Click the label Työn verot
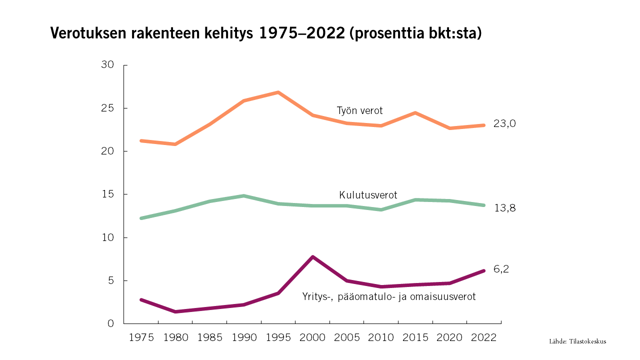tap(359, 111)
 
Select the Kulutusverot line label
tap(368, 195)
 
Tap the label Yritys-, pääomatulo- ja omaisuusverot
tap(388, 296)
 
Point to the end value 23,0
tap(504, 124)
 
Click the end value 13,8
tap(504, 208)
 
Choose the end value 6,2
tap(501, 269)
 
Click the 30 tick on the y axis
tap(108, 65)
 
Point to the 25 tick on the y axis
tap(108, 108)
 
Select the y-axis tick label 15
tap(108, 194)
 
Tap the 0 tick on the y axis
tap(111, 323)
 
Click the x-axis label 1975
tap(141, 337)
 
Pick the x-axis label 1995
tap(278, 337)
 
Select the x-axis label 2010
tap(381, 337)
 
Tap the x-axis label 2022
tap(483, 337)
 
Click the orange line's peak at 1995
tap(278, 92)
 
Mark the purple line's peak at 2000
tap(312, 257)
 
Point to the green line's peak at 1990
tap(244, 195)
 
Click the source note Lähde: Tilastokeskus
tap(577, 341)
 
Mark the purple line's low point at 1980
tap(175, 311)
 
